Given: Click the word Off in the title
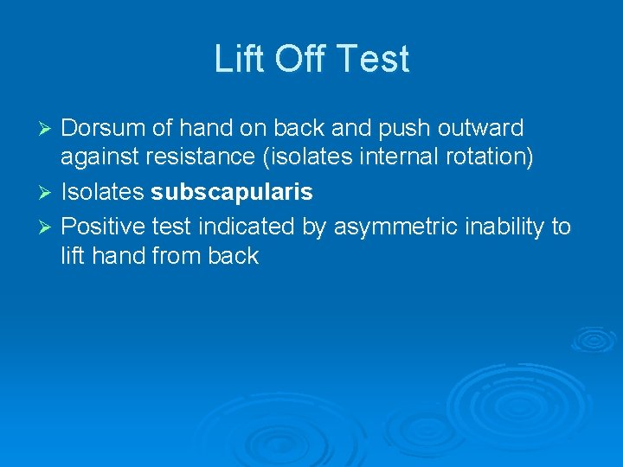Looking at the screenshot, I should pyautogui.click(x=302, y=60).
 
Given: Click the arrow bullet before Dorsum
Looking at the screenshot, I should pyautogui.click(x=48, y=129).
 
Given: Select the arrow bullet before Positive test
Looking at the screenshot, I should pyautogui.click(x=48, y=227).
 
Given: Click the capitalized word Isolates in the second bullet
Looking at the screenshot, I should pyautogui.click(x=103, y=192).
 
